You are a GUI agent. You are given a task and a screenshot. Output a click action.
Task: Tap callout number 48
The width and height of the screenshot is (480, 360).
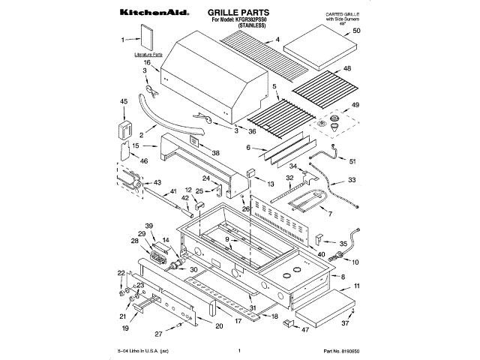[x=367, y=69]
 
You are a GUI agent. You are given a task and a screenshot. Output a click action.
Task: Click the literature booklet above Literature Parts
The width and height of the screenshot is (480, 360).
[x=147, y=38]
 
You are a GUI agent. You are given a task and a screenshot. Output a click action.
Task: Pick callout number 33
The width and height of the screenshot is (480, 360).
[x=352, y=181]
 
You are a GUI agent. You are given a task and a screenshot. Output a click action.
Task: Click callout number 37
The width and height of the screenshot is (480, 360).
[x=346, y=324]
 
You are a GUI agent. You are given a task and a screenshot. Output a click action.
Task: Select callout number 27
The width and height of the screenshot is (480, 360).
[x=158, y=334]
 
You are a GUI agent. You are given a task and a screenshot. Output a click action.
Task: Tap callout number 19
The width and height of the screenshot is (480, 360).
[x=125, y=328]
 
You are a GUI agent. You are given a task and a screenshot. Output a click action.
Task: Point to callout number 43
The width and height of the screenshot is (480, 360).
[x=157, y=182]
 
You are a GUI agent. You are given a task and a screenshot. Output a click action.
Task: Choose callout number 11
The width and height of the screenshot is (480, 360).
[x=357, y=286]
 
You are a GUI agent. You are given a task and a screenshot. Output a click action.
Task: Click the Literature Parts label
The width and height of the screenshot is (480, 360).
[x=147, y=55]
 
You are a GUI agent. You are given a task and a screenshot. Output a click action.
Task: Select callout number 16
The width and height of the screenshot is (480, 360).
[x=147, y=64]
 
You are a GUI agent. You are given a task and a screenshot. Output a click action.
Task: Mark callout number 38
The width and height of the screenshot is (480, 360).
[x=216, y=153]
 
